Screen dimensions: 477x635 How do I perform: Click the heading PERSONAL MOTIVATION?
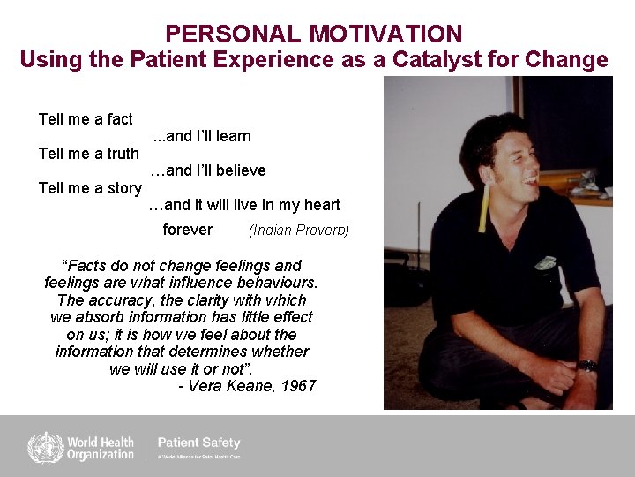(x=313, y=34)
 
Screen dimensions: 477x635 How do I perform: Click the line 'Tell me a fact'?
(x=86, y=119)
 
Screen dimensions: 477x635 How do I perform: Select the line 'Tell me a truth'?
(x=89, y=154)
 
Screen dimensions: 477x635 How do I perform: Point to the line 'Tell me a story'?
(x=90, y=188)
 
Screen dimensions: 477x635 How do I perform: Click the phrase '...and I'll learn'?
(x=202, y=136)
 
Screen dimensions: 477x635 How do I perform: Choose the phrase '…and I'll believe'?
(x=207, y=170)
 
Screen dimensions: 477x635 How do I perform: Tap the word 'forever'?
(x=188, y=230)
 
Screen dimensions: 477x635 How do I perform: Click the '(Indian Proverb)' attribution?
(x=299, y=231)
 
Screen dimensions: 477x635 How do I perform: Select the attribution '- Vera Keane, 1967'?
(x=247, y=386)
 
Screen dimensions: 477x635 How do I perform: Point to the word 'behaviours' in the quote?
(x=279, y=283)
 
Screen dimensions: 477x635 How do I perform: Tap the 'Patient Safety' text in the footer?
(x=198, y=443)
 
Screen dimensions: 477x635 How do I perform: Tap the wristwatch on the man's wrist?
(x=586, y=366)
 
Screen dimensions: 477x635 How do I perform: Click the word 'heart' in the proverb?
(x=321, y=205)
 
